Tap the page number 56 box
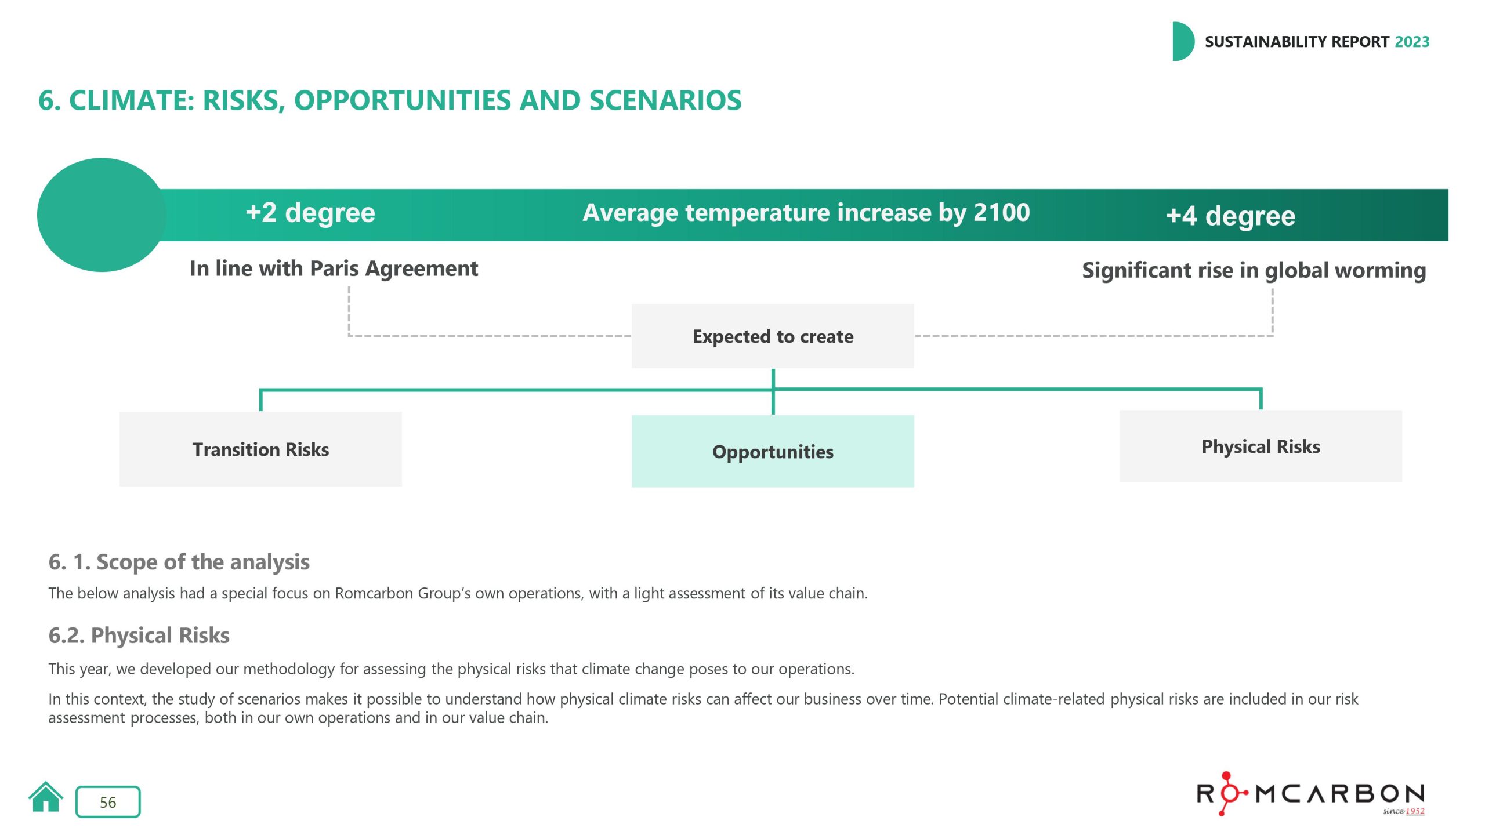[108, 802]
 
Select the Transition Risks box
[260, 449]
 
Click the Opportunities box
[773, 452]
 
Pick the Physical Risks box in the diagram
[1261, 446]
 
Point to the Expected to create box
[773, 336]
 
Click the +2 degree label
[310, 213]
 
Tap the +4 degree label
[1230, 216]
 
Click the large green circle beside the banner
[102, 215]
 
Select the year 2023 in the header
[1412, 42]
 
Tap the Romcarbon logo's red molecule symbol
[1226, 793]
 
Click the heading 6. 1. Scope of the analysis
[179, 562]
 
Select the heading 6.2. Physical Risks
[139, 636]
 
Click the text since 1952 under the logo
[1403, 811]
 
